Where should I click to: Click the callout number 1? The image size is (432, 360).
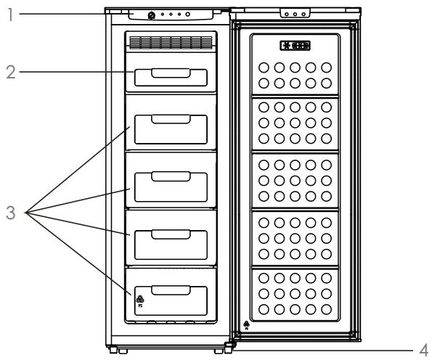tap(7, 14)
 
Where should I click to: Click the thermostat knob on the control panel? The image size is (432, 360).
tap(150, 15)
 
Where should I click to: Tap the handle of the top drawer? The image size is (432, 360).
tap(170, 71)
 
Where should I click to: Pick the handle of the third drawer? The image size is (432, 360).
tap(170, 175)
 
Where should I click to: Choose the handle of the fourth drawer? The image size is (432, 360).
tap(170, 233)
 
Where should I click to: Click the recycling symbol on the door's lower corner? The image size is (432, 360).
tap(248, 324)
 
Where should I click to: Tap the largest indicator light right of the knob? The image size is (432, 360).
tap(187, 15)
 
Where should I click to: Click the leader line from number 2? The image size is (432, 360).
tap(73, 73)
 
